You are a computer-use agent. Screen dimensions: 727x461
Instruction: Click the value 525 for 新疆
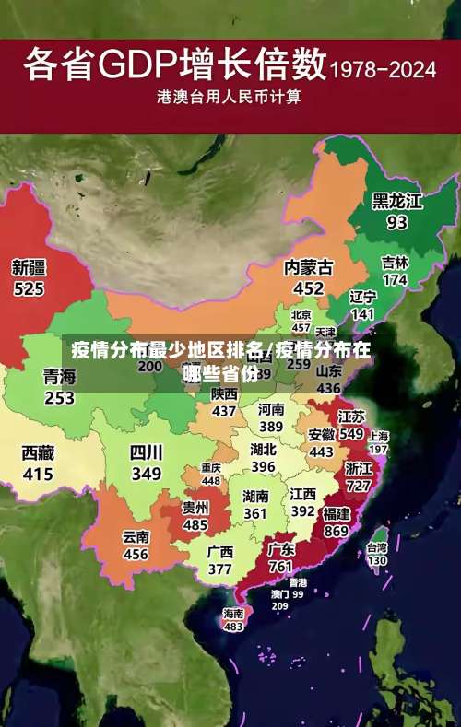coord(29,289)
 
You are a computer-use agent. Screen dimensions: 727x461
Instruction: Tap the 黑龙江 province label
coord(396,201)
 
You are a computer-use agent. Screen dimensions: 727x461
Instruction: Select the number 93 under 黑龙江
coord(396,223)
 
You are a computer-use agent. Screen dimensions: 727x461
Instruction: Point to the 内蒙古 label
coord(308,267)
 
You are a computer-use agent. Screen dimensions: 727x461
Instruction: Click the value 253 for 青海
coord(59,398)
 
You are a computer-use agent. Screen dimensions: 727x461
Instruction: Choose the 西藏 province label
coord(38,453)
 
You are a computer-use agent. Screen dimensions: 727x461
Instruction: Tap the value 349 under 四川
coord(146,475)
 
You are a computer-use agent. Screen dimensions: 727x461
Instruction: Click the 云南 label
coord(136,537)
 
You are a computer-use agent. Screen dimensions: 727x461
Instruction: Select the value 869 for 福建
coord(337,531)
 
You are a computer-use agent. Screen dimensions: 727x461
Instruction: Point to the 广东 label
coord(281,549)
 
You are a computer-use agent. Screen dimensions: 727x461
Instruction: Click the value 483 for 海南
coord(233,627)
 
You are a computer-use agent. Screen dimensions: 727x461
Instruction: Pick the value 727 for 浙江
coord(359,486)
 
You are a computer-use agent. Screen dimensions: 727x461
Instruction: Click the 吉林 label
coord(395,263)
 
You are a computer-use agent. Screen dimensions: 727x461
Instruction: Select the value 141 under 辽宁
coord(363,314)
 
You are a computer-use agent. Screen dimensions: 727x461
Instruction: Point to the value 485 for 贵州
coord(195,524)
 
